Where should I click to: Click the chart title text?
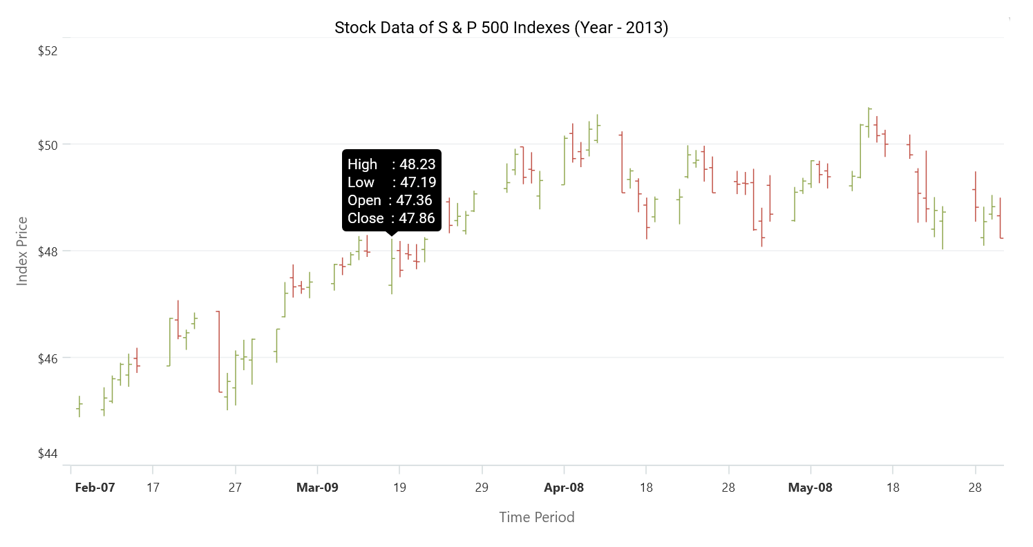pyautogui.click(x=501, y=28)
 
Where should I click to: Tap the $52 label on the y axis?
pyautogui.click(x=48, y=51)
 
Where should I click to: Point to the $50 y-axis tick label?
pyautogui.click(x=48, y=145)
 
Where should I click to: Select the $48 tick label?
pyautogui.click(x=48, y=251)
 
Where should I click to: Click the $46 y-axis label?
pyautogui.click(x=48, y=358)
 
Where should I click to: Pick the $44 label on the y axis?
pyautogui.click(x=48, y=454)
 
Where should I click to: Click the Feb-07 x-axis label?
pyautogui.click(x=95, y=488)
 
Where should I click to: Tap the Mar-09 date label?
pyautogui.click(x=317, y=488)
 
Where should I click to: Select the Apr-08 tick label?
pyautogui.click(x=564, y=488)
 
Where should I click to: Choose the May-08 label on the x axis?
pyautogui.click(x=811, y=488)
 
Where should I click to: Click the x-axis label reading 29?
pyautogui.click(x=482, y=488)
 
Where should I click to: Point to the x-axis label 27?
pyautogui.click(x=235, y=488)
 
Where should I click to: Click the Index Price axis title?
pyautogui.click(x=23, y=251)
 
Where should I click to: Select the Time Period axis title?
pyautogui.click(x=537, y=517)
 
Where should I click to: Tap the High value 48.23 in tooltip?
pyautogui.click(x=417, y=164)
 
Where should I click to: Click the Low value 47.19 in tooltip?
pyautogui.click(x=417, y=182)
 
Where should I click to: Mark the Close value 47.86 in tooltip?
pyautogui.click(x=417, y=218)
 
